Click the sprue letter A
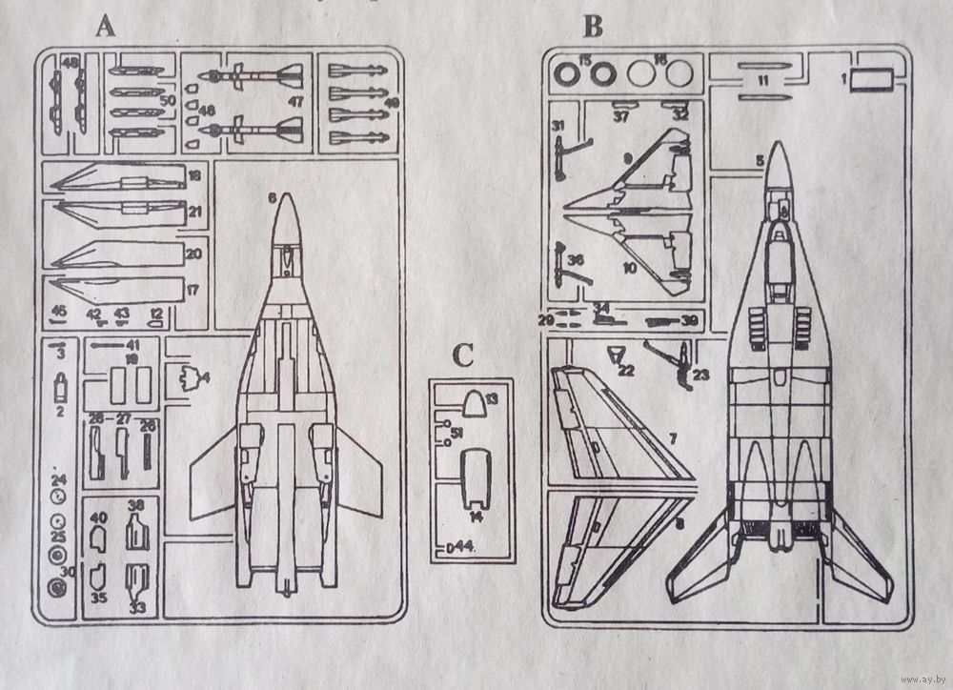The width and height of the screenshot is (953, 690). coord(105,27)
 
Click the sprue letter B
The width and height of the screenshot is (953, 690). coord(593,27)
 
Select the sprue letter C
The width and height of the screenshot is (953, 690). coord(462,355)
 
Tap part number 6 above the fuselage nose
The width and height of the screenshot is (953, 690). coord(273,198)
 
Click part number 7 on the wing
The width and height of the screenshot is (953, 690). coord(673,439)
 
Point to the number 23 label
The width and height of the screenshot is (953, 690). coord(701,375)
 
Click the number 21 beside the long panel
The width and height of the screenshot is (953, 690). coord(194,211)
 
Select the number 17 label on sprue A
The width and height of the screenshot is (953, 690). coord(193,289)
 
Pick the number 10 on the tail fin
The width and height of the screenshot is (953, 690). coord(629,268)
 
